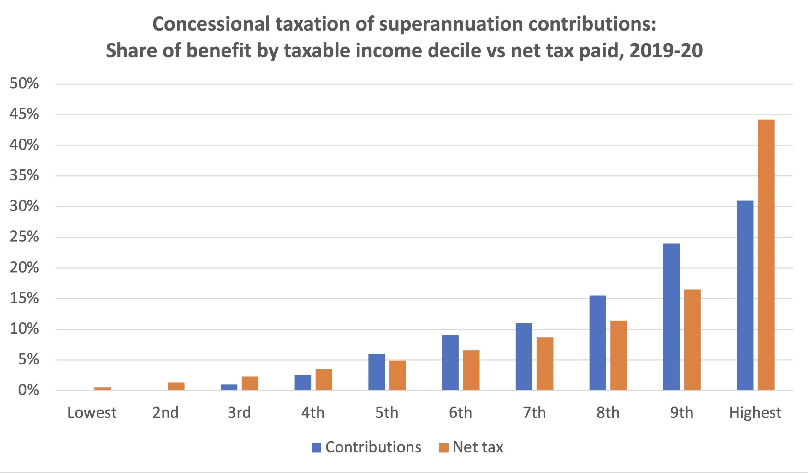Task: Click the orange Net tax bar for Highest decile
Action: coord(766,255)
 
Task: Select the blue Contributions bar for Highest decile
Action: coord(745,295)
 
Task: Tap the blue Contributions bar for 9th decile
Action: coord(671,316)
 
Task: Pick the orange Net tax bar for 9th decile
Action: coord(692,340)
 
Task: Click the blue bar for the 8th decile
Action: coord(598,343)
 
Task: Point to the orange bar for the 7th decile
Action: coord(545,364)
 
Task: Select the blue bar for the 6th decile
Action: coord(450,363)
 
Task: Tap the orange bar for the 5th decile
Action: coord(398,375)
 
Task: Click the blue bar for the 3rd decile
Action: coord(229,387)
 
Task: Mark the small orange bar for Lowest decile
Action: coord(103,389)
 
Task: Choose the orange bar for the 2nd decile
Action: coord(176,386)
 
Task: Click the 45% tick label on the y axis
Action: coord(24,115)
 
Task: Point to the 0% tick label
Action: coord(28,390)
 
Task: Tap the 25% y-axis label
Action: coord(24,237)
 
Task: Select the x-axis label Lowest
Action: coord(92,413)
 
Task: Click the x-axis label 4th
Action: coord(312,413)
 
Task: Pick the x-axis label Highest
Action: coord(755,413)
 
